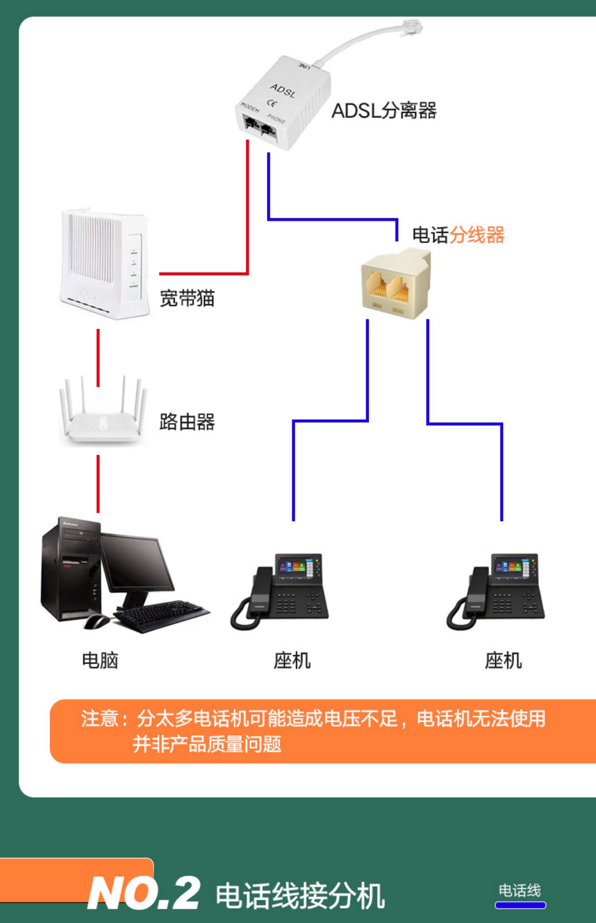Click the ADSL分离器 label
[384, 110]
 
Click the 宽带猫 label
[187, 298]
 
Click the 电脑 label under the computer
[100, 661]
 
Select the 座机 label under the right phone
[503, 661]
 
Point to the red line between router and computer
[98, 483]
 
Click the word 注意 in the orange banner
[99, 719]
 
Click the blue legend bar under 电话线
[520, 905]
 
